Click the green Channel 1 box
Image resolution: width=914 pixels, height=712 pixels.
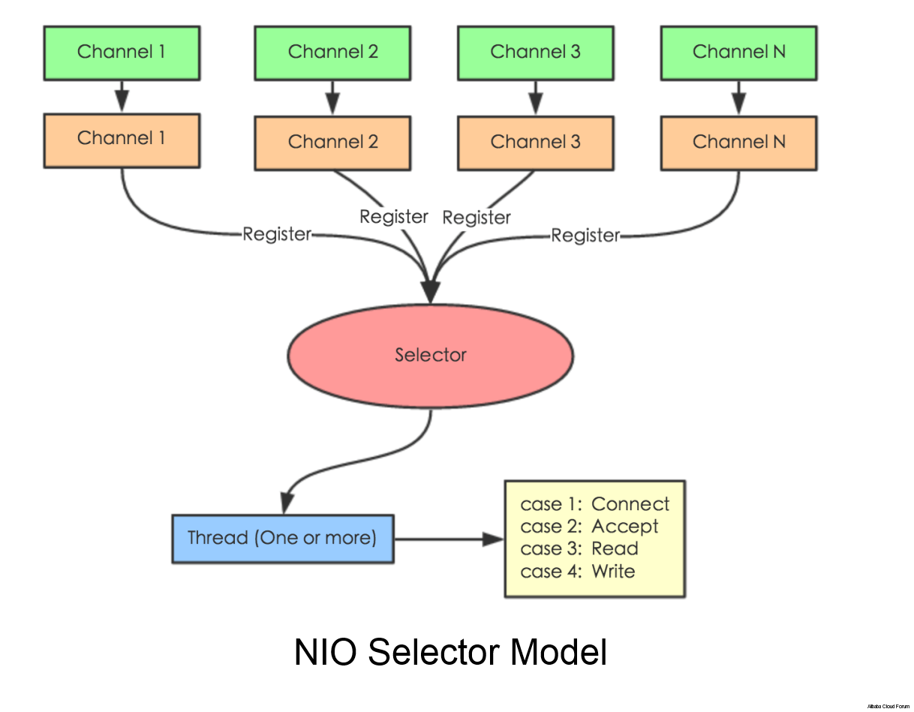tap(122, 53)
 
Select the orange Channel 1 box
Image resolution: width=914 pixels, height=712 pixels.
tap(122, 140)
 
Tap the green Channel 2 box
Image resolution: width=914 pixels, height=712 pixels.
tap(332, 53)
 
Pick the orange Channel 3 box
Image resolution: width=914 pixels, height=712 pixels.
tap(535, 143)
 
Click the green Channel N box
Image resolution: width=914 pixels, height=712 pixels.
tap(738, 53)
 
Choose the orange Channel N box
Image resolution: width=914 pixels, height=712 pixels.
tap(738, 143)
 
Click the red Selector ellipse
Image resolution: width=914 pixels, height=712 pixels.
tap(431, 355)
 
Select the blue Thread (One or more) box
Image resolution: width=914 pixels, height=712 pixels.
tap(283, 539)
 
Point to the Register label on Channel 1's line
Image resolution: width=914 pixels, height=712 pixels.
tap(276, 234)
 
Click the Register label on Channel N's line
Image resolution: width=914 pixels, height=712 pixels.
tap(585, 236)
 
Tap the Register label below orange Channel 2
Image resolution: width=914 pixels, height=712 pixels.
tap(393, 217)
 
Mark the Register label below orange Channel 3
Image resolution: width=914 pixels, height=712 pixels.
tap(477, 218)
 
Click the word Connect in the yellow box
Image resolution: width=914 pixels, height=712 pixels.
tap(630, 504)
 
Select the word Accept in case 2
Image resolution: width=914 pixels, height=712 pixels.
tap(624, 527)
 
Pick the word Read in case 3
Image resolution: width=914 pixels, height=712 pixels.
tap(615, 549)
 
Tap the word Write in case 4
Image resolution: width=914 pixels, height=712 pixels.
tap(613, 572)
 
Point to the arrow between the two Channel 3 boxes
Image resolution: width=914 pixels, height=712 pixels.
tap(535, 98)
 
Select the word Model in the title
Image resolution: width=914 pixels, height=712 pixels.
tap(559, 653)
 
